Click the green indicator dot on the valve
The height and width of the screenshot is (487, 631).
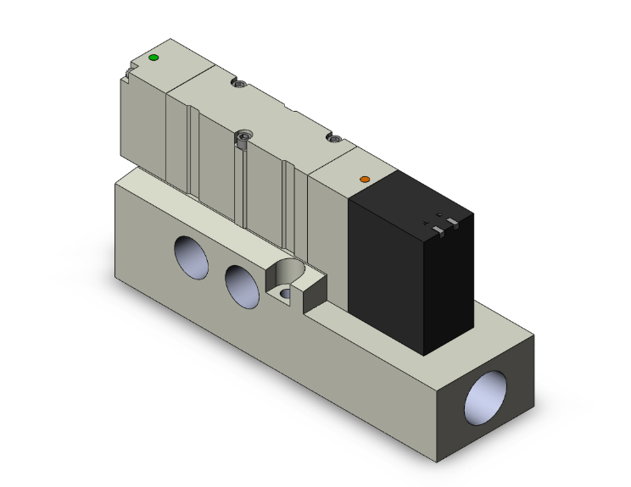point(154,58)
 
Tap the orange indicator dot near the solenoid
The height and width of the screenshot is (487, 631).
point(366,180)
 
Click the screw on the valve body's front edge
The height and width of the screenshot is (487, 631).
point(245,137)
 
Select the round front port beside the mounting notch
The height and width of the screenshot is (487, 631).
point(242,285)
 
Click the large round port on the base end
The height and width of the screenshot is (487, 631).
point(493,394)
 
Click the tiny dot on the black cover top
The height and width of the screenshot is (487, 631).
point(439,213)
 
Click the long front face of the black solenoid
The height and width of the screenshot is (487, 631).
point(390,271)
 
